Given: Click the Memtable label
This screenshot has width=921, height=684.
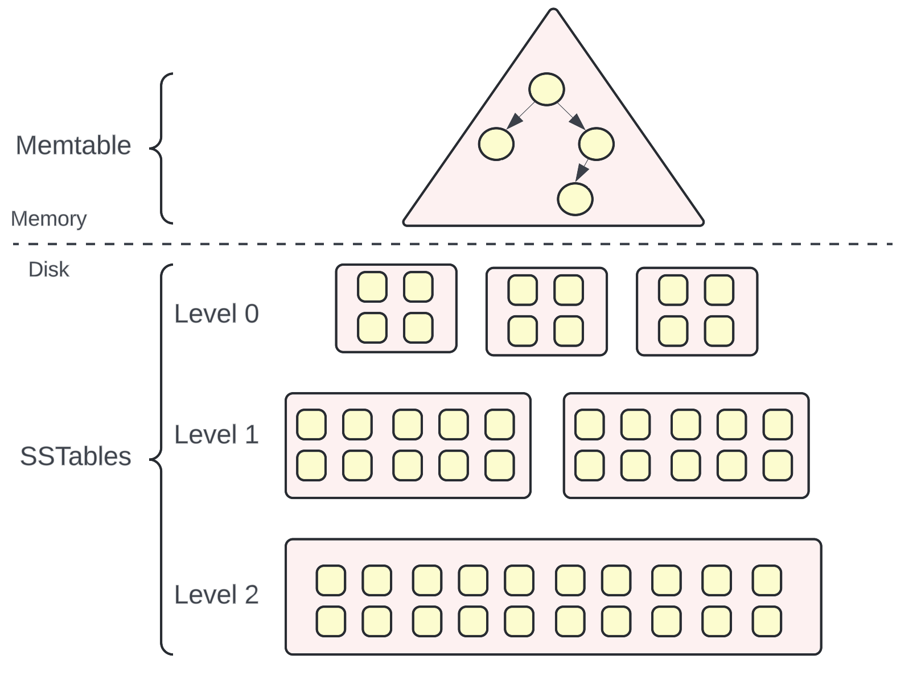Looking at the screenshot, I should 73,146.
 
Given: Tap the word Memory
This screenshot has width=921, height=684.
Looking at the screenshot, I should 49,219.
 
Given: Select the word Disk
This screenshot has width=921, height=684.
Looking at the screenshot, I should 49,270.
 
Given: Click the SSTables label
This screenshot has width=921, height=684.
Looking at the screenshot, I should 76,456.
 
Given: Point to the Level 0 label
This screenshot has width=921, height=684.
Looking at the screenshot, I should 216,314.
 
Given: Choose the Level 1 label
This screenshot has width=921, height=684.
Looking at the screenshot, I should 216,435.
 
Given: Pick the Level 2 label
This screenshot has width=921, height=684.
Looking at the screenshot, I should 216,595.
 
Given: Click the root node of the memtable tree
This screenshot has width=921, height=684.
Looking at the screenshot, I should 546,89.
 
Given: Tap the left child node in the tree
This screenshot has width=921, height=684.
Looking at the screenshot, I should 496,144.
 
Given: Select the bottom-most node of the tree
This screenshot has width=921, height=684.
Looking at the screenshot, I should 575,199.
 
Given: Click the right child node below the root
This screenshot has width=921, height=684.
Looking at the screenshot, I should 596,144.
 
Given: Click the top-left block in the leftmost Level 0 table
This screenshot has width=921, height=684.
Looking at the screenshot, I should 372,287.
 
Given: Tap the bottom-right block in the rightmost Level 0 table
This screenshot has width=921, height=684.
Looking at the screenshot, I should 719,331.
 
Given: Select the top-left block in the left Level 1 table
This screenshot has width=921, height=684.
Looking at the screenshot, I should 311,425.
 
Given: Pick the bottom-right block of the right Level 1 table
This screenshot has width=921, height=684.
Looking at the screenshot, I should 778,465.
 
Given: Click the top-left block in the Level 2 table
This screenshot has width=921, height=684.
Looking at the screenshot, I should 331,580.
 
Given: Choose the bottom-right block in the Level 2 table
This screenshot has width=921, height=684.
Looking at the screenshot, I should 767,621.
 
